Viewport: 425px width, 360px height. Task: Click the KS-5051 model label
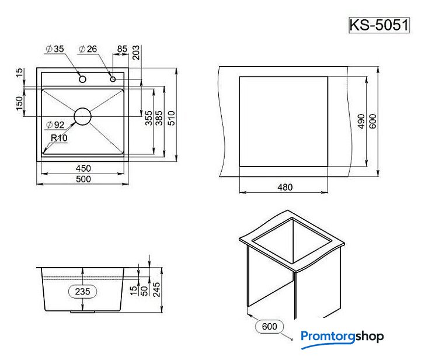(379, 25)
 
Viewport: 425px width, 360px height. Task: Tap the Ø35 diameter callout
(55, 49)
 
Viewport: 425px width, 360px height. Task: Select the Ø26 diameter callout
(88, 49)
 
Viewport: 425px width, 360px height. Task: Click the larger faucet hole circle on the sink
(83, 79)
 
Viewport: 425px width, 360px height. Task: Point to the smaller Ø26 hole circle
(113, 79)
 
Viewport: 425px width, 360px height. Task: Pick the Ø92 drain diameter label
(55, 125)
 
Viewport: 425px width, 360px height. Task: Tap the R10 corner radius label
(59, 138)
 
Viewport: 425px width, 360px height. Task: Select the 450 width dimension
(83, 168)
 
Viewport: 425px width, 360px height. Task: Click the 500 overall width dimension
(83, 179)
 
